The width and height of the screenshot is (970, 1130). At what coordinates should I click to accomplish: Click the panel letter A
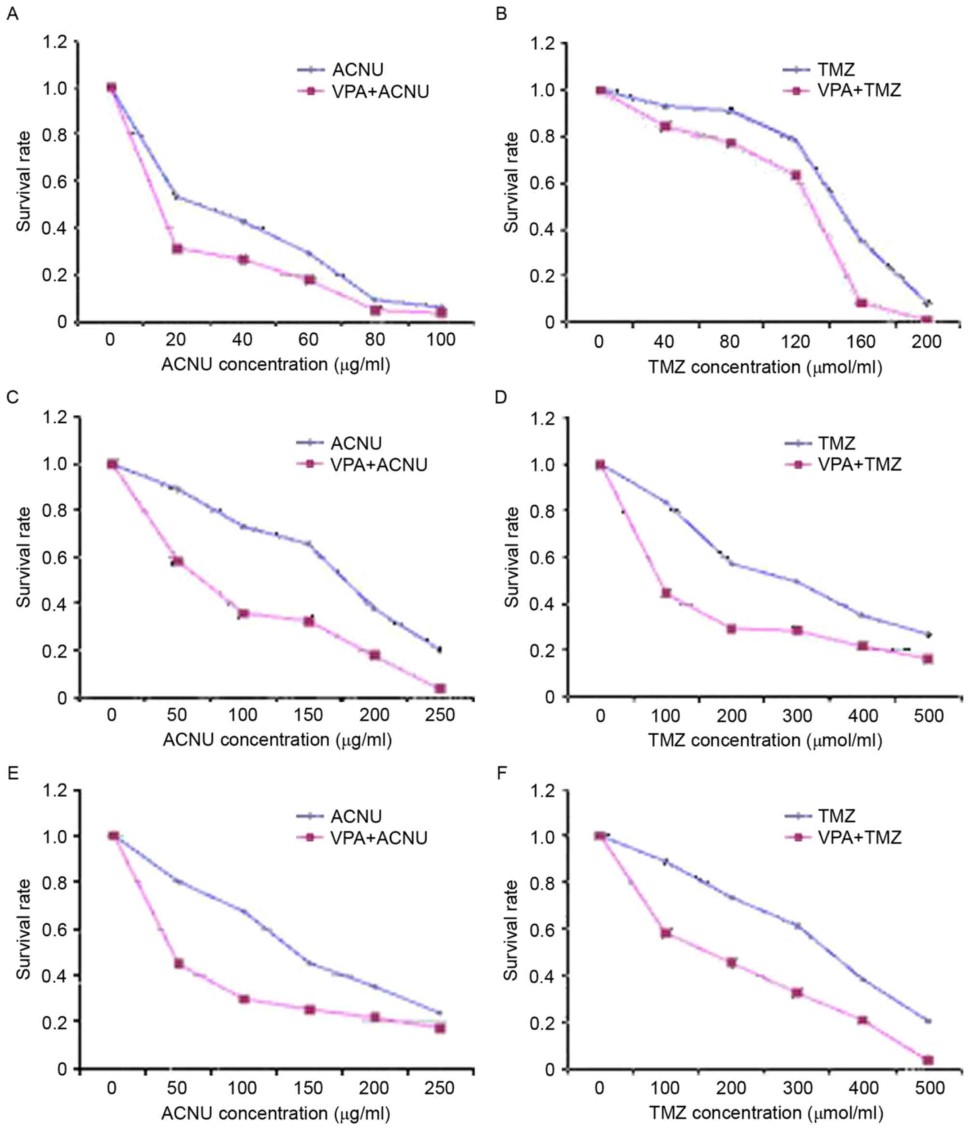12,14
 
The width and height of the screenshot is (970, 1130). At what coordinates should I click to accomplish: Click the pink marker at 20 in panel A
177,249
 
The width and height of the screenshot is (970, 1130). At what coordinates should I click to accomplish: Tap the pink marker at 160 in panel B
861,303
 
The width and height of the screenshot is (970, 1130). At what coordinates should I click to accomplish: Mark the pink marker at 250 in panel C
440,689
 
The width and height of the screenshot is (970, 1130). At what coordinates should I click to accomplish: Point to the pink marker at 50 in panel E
178,964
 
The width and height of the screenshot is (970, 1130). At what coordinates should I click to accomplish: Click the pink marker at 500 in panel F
928,1060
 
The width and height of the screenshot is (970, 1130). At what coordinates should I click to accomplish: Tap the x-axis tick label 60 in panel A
308,340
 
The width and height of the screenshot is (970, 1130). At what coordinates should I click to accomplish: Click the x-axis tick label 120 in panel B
795,342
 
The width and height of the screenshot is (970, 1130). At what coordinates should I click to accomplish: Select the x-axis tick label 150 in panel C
308,715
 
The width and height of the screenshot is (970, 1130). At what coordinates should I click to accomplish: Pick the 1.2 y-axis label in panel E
56,790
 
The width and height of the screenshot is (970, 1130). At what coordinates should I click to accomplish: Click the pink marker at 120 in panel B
796,175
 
